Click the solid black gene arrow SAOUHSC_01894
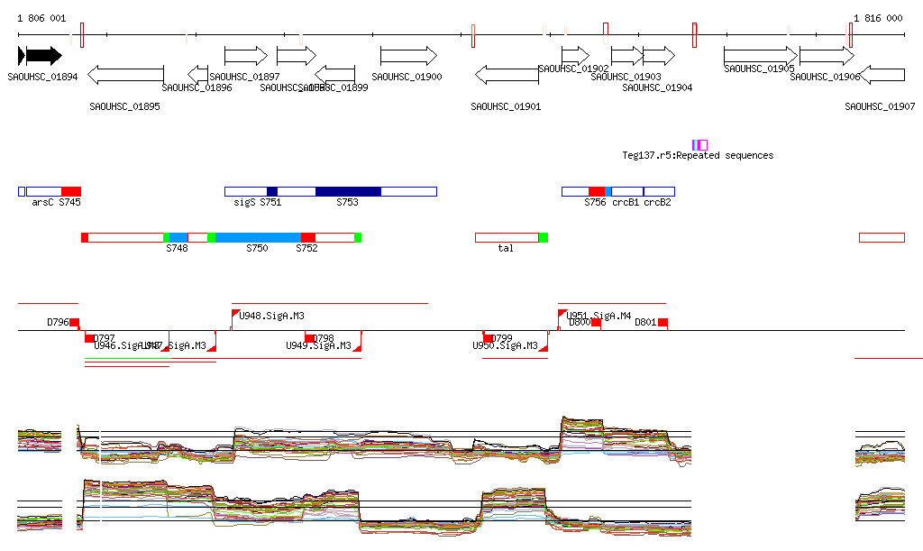(x=40, y=56)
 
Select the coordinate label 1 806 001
(x=41, y=18)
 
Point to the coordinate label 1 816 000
(x=878, y=18)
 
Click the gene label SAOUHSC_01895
(x=125, y=106)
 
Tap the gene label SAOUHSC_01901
(x=506, y=106)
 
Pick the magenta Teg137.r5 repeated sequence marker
(x=699, y=145)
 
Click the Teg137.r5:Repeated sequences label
(x=698, y=155)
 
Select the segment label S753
(x=347, y=203)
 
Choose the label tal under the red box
(x=506, y=248)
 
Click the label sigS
(x=244, y=203)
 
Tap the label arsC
(x=42, y=203)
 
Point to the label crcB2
(x=657, y=203)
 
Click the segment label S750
(x=257, y=248)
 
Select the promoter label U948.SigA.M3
(x=271, y=316)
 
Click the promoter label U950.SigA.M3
(x=506, y=345)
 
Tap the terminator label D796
(x=58, y=322)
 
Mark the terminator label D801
(x=645, y=322)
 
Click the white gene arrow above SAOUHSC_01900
(x=408, y=56)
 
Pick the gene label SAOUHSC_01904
(x=657, y=87)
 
